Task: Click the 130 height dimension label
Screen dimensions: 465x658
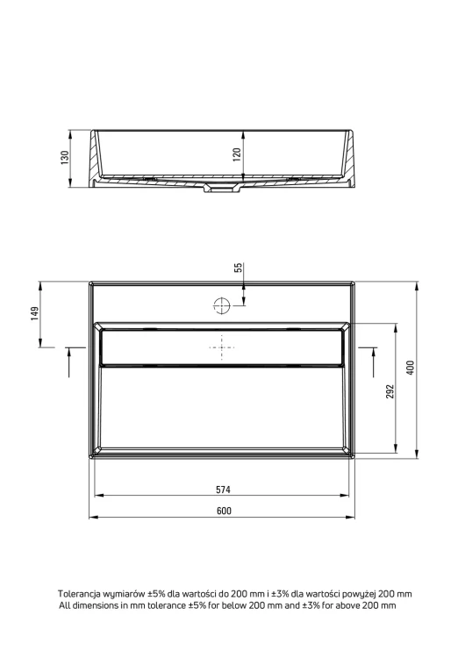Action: pyautogui.click(x=65, y=157)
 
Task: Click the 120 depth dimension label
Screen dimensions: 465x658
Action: pyautogui.click(x=237, y=154)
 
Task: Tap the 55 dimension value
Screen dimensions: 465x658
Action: pyautogui.click(x=238, y=268)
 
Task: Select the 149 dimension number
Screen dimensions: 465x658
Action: pyautogui.click(x=34, y=313)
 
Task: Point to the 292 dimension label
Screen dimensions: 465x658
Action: pyautogui.click(x=390, y=391)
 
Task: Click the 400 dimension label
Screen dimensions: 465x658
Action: pyautogui.click(x=411, y=368)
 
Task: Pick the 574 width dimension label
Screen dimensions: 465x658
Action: pyautogui.click(x=223, y=490)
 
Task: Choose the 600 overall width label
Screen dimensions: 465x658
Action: pyautogui.click(x=224, y=511)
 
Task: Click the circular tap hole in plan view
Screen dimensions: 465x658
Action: pyautogui.click(x=222, y=305)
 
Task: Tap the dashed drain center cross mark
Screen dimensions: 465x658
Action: pyautogui.click(x=222, y=347)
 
